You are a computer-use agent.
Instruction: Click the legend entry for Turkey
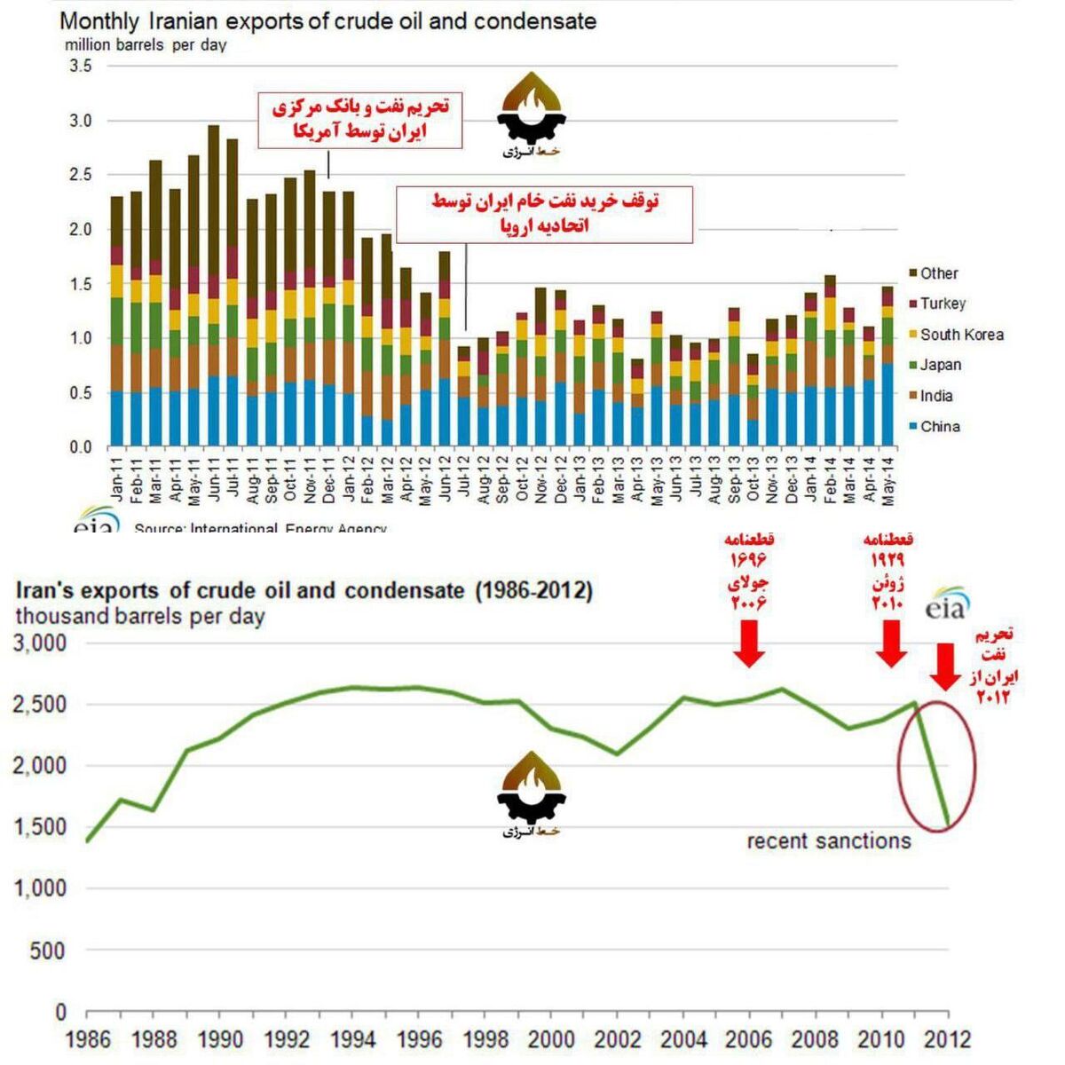942,304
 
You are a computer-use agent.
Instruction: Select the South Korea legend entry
961,335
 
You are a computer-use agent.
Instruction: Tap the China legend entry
939,427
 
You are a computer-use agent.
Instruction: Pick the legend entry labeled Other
938,273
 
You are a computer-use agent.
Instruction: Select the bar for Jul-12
463,396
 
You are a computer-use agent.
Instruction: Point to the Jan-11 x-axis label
117,479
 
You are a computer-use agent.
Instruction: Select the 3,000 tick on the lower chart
40,643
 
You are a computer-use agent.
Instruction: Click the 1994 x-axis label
352,1038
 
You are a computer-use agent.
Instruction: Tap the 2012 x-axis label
947,1038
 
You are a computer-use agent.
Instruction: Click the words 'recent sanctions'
828,841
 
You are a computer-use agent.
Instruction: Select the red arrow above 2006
749,643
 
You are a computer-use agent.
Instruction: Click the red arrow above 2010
891,643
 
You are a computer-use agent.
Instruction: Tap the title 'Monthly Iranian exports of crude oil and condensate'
327,20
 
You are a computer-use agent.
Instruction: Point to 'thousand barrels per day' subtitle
140,616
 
